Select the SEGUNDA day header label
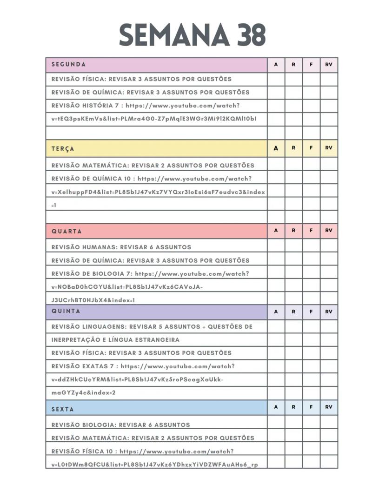click(x=68, y=65)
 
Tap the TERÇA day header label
click(x=63, y=149)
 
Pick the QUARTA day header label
click(x=66, y=231)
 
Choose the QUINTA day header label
click(x=66, y=311)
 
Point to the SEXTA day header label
click(x=63, y=409)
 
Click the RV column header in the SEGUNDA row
click(x=329, y=65)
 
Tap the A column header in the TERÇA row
click(x=276, y=148)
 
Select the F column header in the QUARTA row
click(x=311, y=231)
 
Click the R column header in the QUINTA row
click(x=293, y=312)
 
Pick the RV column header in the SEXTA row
click(x=329, y=407)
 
